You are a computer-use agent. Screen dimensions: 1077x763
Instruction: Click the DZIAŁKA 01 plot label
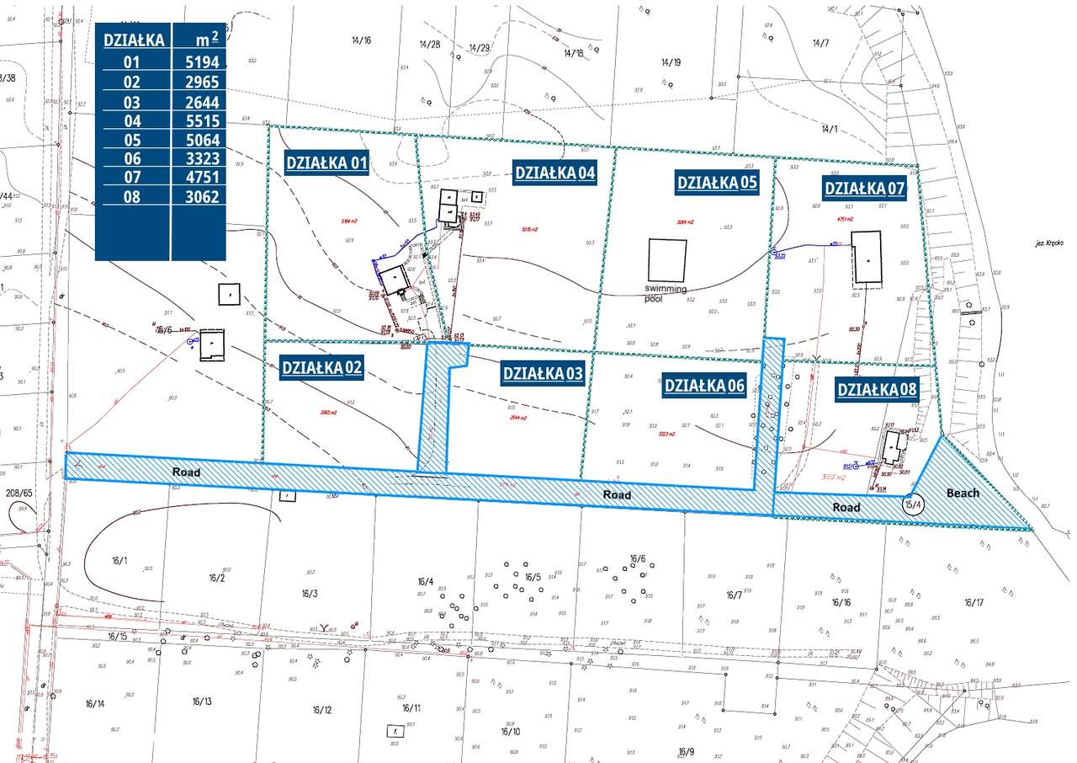click(326, 163)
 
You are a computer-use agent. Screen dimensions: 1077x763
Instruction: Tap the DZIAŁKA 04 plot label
click(555, 173)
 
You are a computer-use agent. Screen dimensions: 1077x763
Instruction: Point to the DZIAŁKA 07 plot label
click(865, 188)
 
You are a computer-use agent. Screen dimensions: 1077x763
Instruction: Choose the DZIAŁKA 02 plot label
click(321, 367)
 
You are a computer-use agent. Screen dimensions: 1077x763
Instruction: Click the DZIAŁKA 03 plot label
click(543, 373)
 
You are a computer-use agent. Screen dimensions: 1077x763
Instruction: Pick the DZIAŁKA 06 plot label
click(705, 385)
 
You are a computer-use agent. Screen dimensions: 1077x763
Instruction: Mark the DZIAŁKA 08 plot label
click(877, 389)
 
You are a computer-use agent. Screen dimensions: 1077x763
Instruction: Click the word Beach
click(963, 493)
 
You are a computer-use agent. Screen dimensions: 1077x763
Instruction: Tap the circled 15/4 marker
click(913, 504)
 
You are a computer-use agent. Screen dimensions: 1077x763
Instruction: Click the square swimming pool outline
click(668, 261)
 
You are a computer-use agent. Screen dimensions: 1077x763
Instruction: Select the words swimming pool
click(666, 293)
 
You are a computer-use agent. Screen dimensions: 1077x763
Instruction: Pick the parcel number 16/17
click(974, 602)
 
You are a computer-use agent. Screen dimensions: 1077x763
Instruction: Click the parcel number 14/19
click(671, 61)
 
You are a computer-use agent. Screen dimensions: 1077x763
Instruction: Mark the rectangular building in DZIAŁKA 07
click(867, 259)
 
